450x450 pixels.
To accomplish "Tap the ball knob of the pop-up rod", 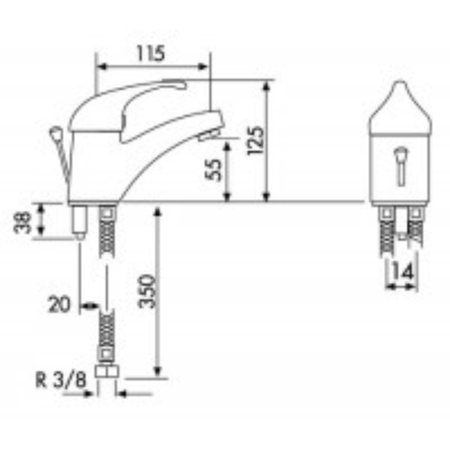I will point(56,133).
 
